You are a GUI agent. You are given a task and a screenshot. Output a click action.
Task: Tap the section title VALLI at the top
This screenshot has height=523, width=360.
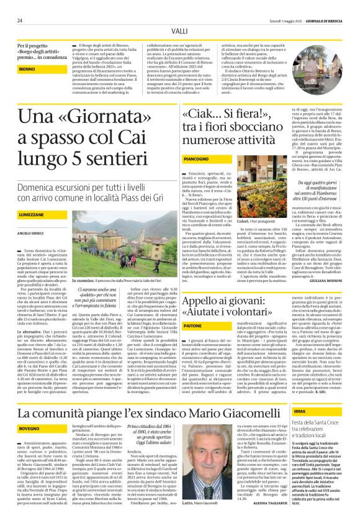click(x=180, y=31)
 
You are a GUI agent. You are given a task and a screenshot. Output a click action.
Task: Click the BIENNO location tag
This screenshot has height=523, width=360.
click(x=27, y=69)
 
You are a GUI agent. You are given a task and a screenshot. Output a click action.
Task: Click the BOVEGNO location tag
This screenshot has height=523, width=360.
click(x=29, y=411)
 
